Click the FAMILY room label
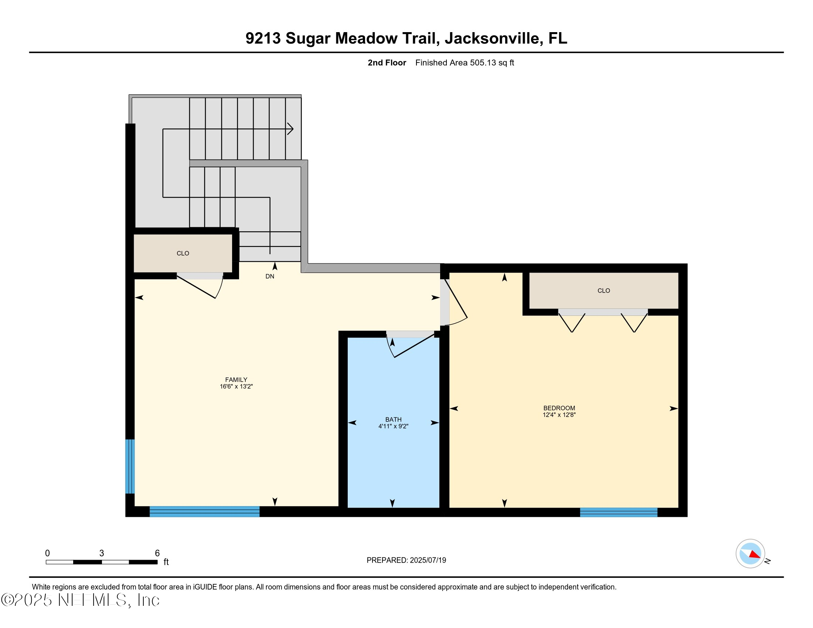[x=236, y=379]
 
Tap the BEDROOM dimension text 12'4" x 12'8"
[x=559, y=415]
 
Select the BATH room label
[x=393, y=419]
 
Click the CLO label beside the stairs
[x=183, y=253]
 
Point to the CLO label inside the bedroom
[x=603, y=291]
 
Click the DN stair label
[x=269, y=276]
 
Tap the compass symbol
[x=750, y=554]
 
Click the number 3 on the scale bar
[x=102, y=553]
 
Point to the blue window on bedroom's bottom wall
[x=618, y=512]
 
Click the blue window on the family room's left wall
[x=130, y=466]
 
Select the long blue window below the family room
[x=204, y=512]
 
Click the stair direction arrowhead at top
[x=290, y=129]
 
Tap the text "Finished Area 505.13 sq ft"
[x=464, y=63]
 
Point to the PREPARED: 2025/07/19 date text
[x=406, y=560]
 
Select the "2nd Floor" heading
[x=387, y=63]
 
